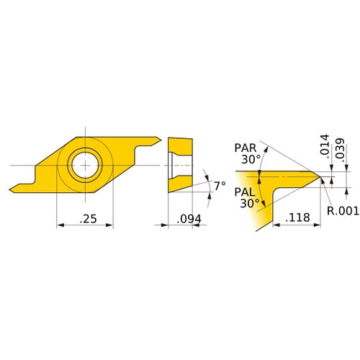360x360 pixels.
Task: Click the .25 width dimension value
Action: click(x=84, y=218)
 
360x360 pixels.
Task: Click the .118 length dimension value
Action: click(x=297, y=217)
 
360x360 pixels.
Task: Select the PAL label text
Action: click(x=245, y=192)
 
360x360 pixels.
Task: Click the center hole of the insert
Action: click(x=84, y=165)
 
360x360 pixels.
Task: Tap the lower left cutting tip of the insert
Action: click(x=12, y=191)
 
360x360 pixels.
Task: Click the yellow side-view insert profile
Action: click(x=181, y=165)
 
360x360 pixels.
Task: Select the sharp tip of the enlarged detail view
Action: click(x=318, y=178)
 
